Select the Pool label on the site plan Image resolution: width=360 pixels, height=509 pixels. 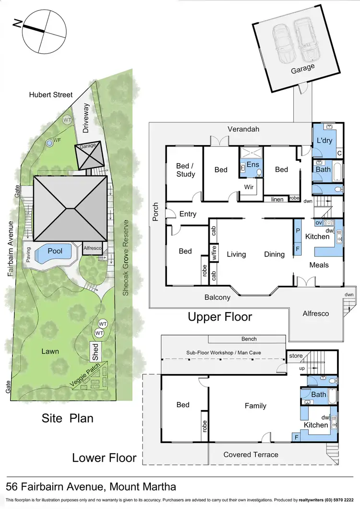pos(55,251)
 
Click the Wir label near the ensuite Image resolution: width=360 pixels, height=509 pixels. pos(249,187)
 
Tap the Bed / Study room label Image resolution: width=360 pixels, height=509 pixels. pos(185,170)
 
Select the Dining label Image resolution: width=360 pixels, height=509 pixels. pos(274,254)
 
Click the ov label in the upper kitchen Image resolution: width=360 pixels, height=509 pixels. pos(318,223)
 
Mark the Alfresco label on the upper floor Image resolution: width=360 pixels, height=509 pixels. pos(315,313)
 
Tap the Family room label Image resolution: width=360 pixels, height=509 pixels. pos(255,406)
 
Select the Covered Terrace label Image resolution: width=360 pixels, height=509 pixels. pos(251,454)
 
